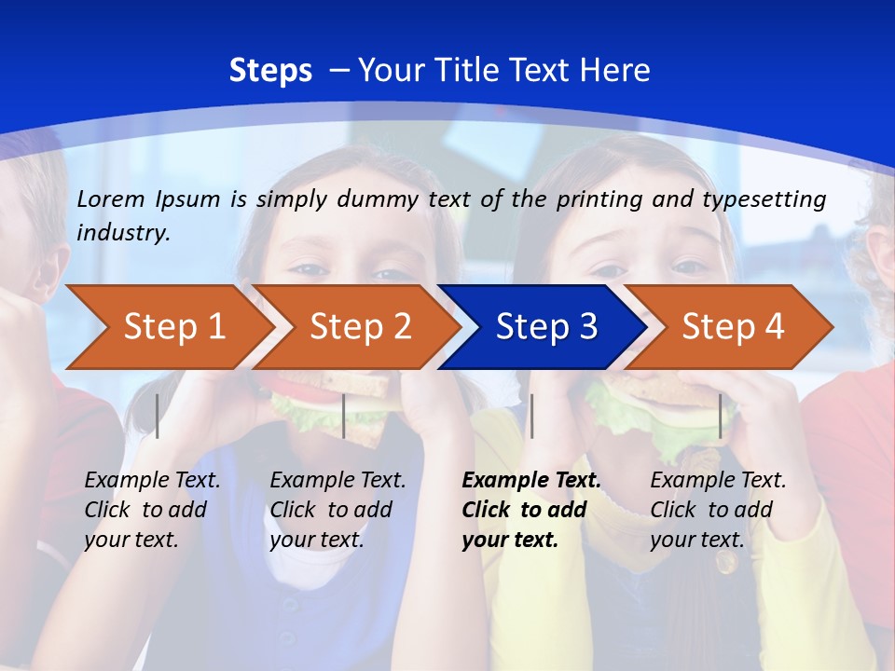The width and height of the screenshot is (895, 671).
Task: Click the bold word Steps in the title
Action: pyautogui.click(x=270, y=71)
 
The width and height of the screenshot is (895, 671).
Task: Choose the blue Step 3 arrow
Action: pyautogui.click(x=546, y=326)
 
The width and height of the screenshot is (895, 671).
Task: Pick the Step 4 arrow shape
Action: pyautogui.click(x=733, y=326)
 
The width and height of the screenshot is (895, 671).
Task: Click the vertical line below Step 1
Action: pyautogui.click(x=158, y=416)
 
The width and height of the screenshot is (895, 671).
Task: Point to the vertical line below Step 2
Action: pyautogui.click(x=344, y=416)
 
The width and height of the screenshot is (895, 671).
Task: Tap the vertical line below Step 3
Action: pyautogui.click(x=531, y=416)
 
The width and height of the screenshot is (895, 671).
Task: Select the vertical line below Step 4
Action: pyautogui.click(x=720, y=416)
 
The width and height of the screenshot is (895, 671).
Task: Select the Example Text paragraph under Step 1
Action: pyautogui.click(x=152, y=509)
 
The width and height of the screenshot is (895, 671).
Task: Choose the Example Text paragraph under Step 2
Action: pyautogui.click(x=337, y=509)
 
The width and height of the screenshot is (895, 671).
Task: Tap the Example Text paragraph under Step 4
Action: pyautogui.click(x=718, y=509)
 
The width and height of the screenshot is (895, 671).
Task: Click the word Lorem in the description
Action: pyautogui.click(x=111, y=199)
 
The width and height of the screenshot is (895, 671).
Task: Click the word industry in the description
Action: pyautogui.click(x=123, y=233)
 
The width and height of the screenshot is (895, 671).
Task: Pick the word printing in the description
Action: pyautogui.click(x=597, y=199)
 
